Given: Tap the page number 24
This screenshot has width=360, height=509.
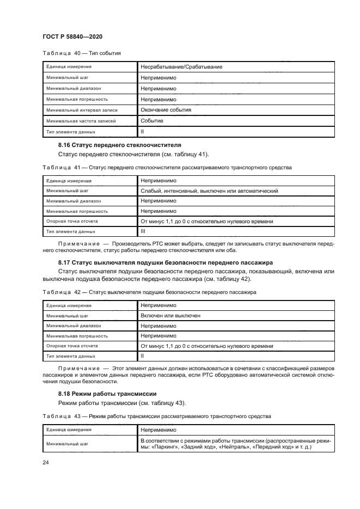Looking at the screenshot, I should (x=46, y=462).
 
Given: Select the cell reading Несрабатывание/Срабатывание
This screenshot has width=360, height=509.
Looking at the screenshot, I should (x=181, y=67).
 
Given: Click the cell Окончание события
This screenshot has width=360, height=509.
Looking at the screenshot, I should (x=166, y=110).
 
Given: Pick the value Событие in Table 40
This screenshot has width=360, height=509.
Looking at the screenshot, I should (x=152, y=120).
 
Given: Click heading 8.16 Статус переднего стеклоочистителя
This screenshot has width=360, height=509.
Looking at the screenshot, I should (x=120, y=145).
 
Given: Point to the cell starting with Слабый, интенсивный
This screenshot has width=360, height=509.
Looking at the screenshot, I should (x=210, y=191).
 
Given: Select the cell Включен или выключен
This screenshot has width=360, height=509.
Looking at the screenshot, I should (x=170, y=315).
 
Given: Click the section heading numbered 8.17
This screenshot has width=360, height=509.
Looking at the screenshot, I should (x=158, y=262).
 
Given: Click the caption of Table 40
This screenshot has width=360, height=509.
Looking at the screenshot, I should (x=81, y=53).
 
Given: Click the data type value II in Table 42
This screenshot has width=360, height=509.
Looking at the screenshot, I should (x=143, y=355).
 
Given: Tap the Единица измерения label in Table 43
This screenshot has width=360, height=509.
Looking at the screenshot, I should (x=69, y=430).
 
